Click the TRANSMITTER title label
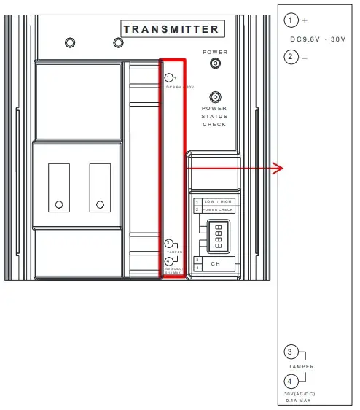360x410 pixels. (x=171, y=29)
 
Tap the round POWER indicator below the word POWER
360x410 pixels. (x=215, y=63)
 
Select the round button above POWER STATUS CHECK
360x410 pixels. (x=215, y=97)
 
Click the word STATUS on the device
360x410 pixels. (x=215, y=117)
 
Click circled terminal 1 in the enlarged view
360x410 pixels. (x=291, y=20)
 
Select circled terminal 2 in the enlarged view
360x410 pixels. (x=291, y=56)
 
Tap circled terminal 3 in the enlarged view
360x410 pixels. (x=291, y=353)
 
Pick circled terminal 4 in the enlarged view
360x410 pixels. (x=291, y=381)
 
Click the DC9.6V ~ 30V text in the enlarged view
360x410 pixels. (x=318, y=38)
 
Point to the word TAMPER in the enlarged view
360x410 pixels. (x=300, y=367)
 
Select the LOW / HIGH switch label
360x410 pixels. (x=218, y=201)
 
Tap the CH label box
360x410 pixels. (x=216, y=263)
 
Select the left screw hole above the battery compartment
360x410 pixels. (x=69, y=42)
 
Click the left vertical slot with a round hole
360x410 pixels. (x=59, y=187)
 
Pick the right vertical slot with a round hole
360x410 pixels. (x=100, y=187)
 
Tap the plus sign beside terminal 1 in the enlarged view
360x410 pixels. (x=305, y=20)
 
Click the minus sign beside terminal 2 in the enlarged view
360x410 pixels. (x=305, y=57)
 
